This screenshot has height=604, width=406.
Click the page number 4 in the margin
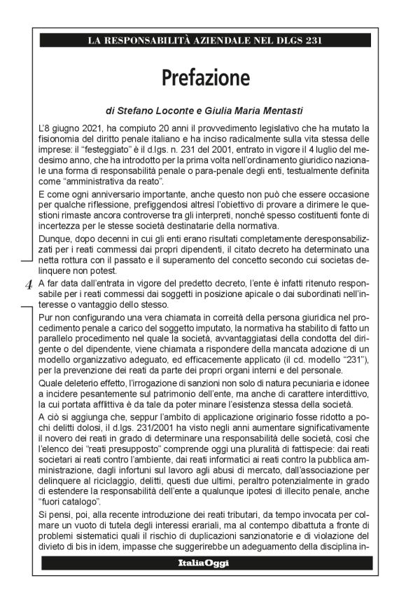(x=28, y=284)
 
